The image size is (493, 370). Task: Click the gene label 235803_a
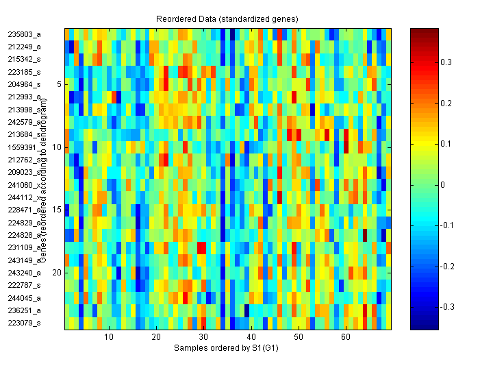[x=24, y=34]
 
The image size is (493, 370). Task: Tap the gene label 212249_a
[x=24, y=47]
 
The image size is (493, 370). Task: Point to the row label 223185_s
[x=24, y=72]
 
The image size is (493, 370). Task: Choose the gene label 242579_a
[x=24, y=122]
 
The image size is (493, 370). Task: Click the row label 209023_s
[x=24, y=173]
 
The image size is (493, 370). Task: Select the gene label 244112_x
[x=24, y=197]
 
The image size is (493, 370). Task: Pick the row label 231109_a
[x=24, y=247]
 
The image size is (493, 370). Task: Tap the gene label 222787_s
[x=24, y=285]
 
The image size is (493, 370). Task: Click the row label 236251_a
[x=24, y=310]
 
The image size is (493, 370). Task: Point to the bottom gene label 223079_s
[x=24, y=323]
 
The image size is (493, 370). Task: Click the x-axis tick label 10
[x=109, y=338]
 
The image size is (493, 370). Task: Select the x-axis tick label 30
[x=203, y=338]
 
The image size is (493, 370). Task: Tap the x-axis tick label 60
[x=346, y=338]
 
